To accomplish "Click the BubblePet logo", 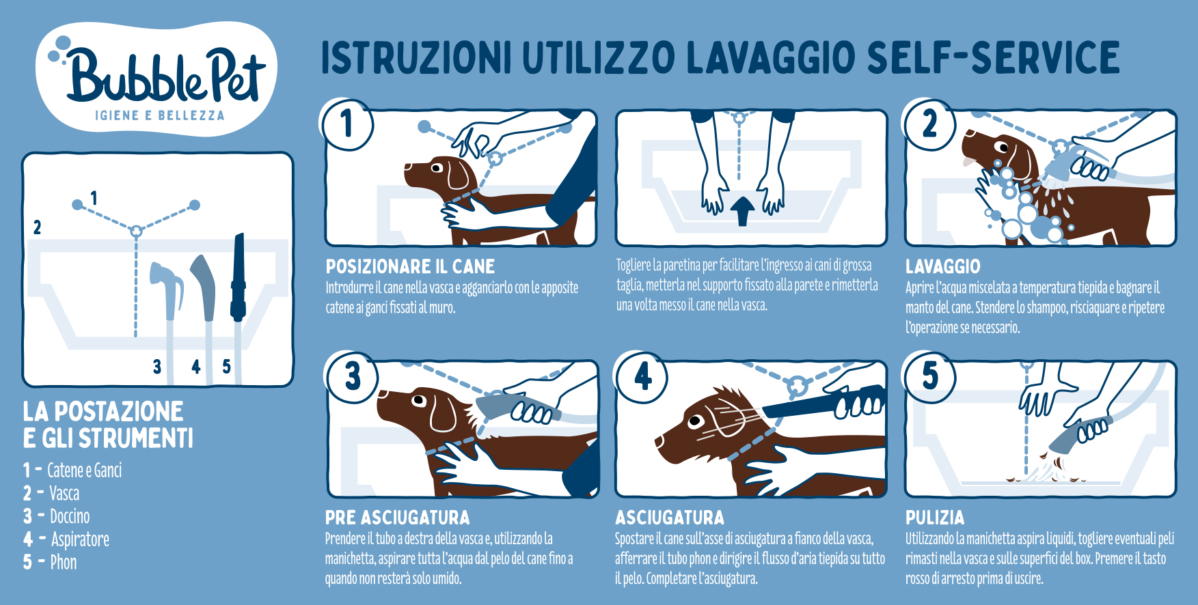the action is pos(156,78).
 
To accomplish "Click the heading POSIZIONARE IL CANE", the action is pos(410,266).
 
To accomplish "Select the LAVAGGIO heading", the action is pos(942,266).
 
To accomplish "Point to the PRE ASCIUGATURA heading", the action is pos(397,518).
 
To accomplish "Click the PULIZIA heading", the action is pos(935,518).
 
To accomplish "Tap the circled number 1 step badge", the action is pos(347,124).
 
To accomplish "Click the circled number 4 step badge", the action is pos(642,377).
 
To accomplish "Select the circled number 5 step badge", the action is pos(929,377).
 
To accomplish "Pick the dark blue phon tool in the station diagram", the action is pos(238,277).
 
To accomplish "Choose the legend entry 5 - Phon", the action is pos(50,562).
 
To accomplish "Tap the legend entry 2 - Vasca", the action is pos(51,493).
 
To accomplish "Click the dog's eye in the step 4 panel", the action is pos(696,421).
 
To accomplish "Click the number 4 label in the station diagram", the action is pos(196,367).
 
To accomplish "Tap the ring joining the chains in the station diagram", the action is pos(136,231).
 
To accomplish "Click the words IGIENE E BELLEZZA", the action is pos(160,115).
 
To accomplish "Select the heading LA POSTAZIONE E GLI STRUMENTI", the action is pos(108,425).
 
